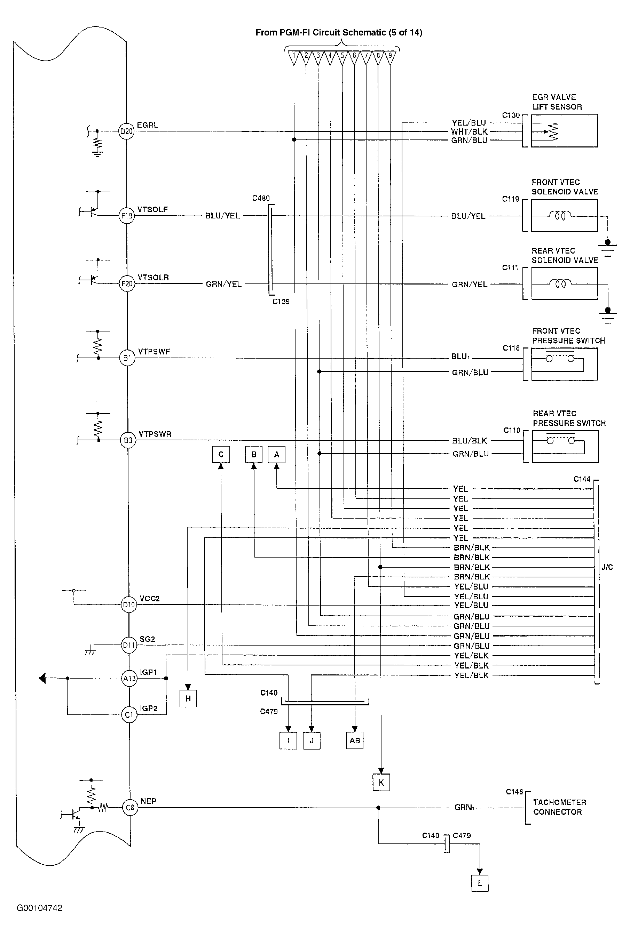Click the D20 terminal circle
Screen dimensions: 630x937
pyautogui.click(x=126, y=131)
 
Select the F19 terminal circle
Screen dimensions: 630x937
pyautogui.click(x=127, y=216)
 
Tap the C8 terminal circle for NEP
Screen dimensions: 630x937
pyautogui.click(x=130, y=807)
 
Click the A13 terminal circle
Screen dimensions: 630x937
pyautogui.click(x=129, y=679)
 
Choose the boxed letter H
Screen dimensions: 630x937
pyautogui.click(x=188, y=698)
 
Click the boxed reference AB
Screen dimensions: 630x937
pyautogui.click(x=355, y=740)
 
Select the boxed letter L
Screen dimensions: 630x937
pyautogui.click(x=480, y=883)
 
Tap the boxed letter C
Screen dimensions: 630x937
pyautogui.click(x=221, y=455)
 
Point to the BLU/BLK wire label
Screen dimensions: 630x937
pyautogui.click(x=470, y=441)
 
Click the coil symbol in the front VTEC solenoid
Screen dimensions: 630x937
pyautogui.click(x=560, y=216)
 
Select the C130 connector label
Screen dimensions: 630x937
pyautogui.click(x=511, y=115)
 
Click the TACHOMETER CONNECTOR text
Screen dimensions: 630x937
pyautogui.click(x=560, y=807)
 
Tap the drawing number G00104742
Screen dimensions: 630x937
pyautogui.click(x=39, y=908)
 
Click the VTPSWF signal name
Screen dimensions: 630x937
pyautogui.click(x=154, y=352)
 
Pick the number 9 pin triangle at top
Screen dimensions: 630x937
pyautogui.click(x=390, y=57)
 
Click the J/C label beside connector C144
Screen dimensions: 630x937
pyautogui.click(x=607, y=567)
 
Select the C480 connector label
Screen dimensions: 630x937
pyautogui.click(x=261, y=198)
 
